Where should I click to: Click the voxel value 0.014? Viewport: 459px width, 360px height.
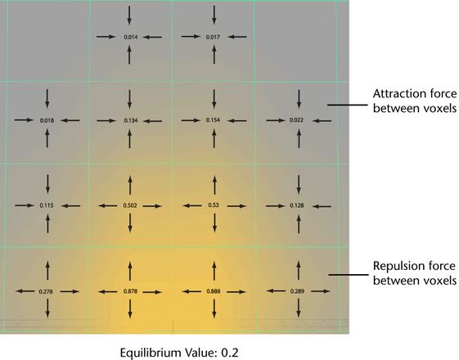point(131,37)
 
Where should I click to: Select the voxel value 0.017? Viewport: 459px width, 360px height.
point(213,37)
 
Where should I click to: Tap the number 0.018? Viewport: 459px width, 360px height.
point(47,120)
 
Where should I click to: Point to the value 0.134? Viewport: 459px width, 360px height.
point(131,120)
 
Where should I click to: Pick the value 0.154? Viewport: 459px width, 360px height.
point(213,120)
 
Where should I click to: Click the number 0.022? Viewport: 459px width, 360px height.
point(296,120)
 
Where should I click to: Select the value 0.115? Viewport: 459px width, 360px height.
point(47,205)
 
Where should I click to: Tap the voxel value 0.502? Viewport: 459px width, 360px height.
point(130,205)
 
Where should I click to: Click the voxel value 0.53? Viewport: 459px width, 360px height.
point(214,205)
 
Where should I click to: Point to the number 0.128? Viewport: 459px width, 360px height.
point(297,205)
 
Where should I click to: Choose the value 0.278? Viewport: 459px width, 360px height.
point(46,291)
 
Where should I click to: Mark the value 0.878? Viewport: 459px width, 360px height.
point(130,291)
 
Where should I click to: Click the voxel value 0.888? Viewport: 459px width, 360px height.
point(214,291)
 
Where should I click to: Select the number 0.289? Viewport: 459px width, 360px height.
point(298,291)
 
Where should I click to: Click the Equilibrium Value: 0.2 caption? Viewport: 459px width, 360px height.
point(179,353)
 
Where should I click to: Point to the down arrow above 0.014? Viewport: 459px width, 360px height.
point(129,16)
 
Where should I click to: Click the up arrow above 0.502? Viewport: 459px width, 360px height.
point(130,185)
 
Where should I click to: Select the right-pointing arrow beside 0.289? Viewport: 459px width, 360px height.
point(321,291)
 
